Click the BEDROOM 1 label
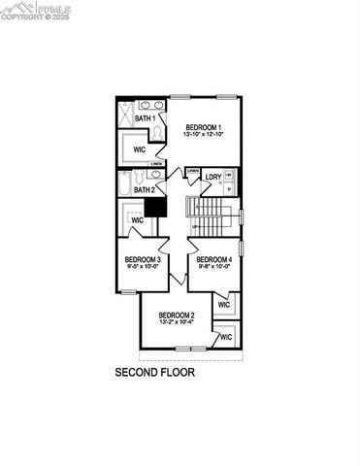[x=205, y=127]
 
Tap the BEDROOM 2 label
[x=178, y=315]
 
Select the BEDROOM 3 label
[x=143, y=259]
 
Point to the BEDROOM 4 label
[x=213, y=259]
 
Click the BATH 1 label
[x=146, y=118]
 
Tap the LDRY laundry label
[x=213, y=177]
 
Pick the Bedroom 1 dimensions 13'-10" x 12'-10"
[x=204, y=135]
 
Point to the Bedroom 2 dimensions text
[x=178, y=322]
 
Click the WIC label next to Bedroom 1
[x=140, y=150]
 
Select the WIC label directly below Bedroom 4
[x=224, y=304]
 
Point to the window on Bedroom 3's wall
[x=119, y=268]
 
